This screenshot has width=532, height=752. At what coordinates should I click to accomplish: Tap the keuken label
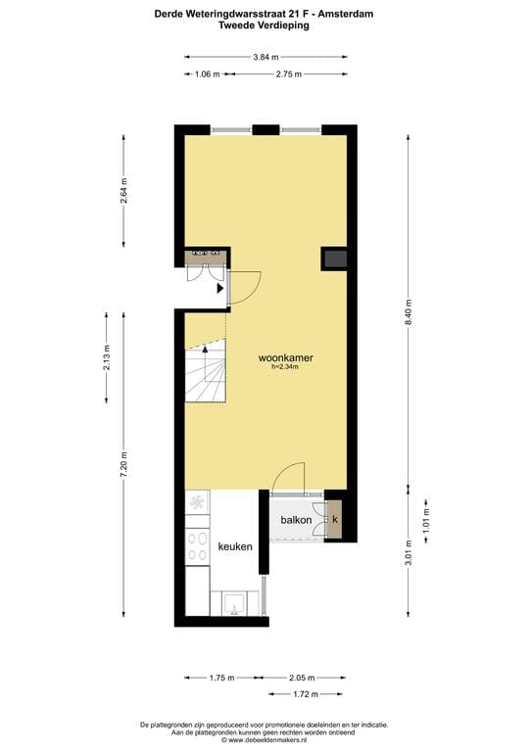click(235, 547)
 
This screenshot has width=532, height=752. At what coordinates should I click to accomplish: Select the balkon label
click(296, 520)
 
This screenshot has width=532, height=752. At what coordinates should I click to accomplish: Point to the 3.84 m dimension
click(266, 58)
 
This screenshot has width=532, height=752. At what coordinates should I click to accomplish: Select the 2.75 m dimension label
click(289, 74)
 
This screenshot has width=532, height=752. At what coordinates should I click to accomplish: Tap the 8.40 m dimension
click(410, 314)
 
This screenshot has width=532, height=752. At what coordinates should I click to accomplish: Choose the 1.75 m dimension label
click(222, 677)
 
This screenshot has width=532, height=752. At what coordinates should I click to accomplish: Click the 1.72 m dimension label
click(307, 693)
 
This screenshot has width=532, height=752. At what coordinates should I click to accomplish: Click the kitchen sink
click(235, 602)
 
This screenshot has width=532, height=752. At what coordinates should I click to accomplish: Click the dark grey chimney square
click(334, 258)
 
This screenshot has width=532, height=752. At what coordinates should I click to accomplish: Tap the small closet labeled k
click(335, 519)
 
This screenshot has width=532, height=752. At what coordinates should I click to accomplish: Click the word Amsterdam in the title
click(346, 14)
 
